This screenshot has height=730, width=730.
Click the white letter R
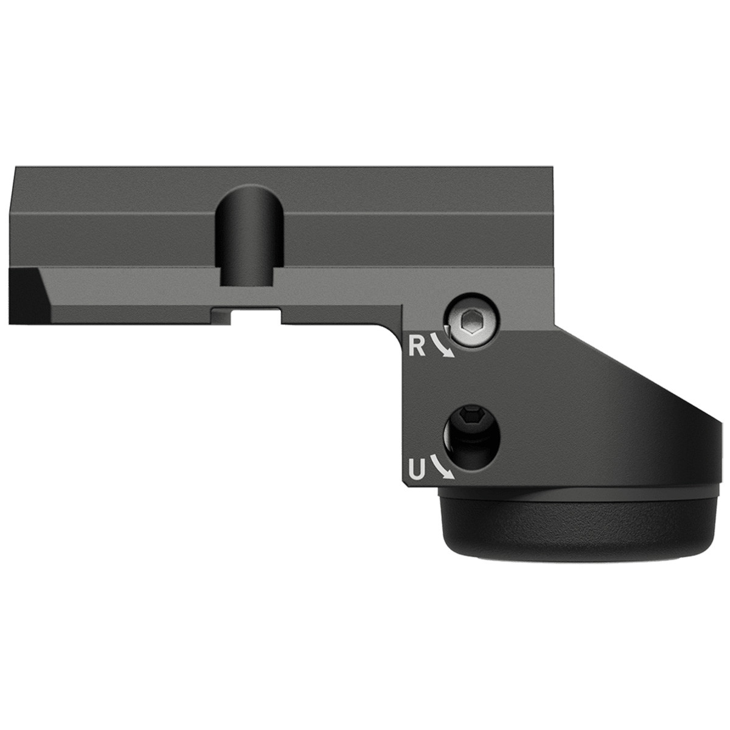point(417,347)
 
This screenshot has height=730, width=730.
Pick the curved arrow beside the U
point(442,468)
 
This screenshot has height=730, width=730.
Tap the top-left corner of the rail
point(15,167)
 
